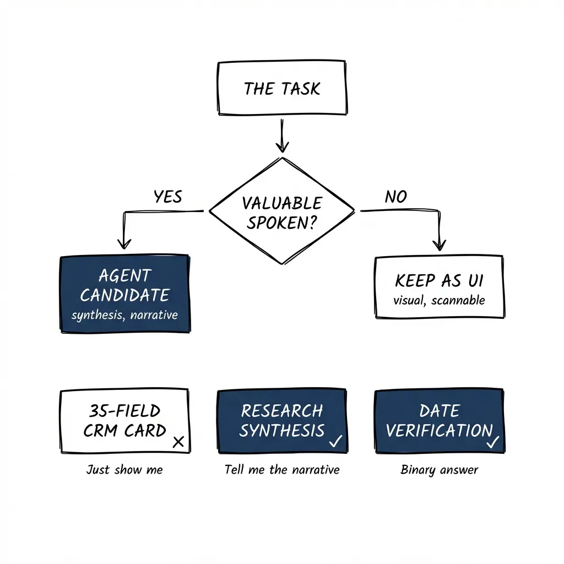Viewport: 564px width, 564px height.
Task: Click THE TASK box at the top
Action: point(282,88)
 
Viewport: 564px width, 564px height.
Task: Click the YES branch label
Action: point(167,197)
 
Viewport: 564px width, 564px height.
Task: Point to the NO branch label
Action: point(395,197)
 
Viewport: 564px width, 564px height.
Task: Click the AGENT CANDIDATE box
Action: point(124,293)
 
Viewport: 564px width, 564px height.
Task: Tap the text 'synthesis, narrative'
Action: point(124,316)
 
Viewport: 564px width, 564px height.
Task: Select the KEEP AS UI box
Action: point(439,286)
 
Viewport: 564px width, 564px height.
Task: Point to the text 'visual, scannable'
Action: point(439,300)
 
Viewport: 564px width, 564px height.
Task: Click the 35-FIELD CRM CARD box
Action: point(124,421)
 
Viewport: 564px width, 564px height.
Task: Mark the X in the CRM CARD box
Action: point(178,441)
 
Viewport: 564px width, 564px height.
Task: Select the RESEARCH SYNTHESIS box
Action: point(282,421)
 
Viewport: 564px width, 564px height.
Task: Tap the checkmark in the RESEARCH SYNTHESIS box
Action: point(335,440)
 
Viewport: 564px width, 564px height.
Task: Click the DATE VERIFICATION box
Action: point(439,421)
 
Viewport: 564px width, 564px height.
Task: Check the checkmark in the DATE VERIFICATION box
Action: point(493,441)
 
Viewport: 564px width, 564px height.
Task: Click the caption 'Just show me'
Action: point(124,470)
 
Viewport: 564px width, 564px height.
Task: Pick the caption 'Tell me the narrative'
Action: point(282,470)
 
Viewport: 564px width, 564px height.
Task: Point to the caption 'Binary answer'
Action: point(439,470)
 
